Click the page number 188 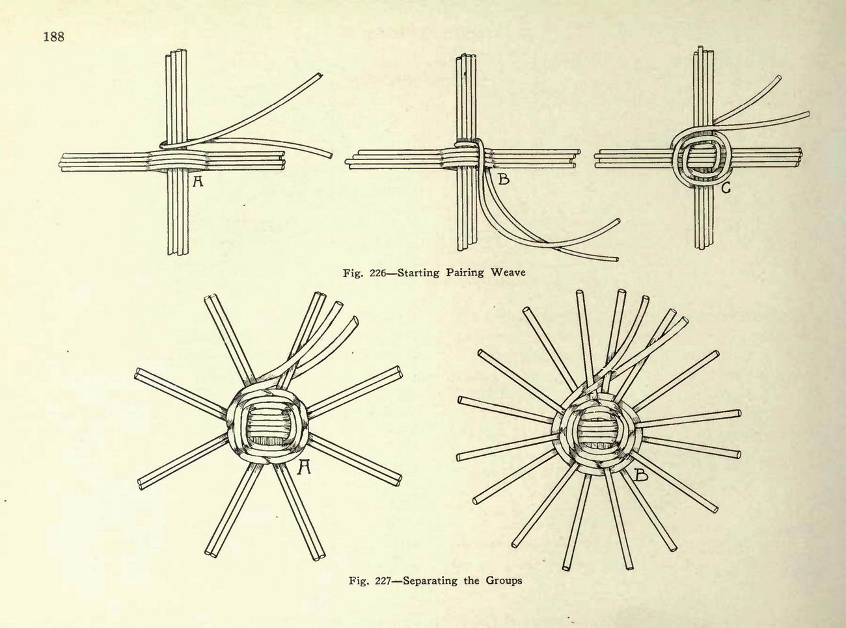point(54,36)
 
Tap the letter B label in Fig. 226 point(504,178)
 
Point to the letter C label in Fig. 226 point(726,188)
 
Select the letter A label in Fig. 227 point(304,467)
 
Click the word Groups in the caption point(504,581)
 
